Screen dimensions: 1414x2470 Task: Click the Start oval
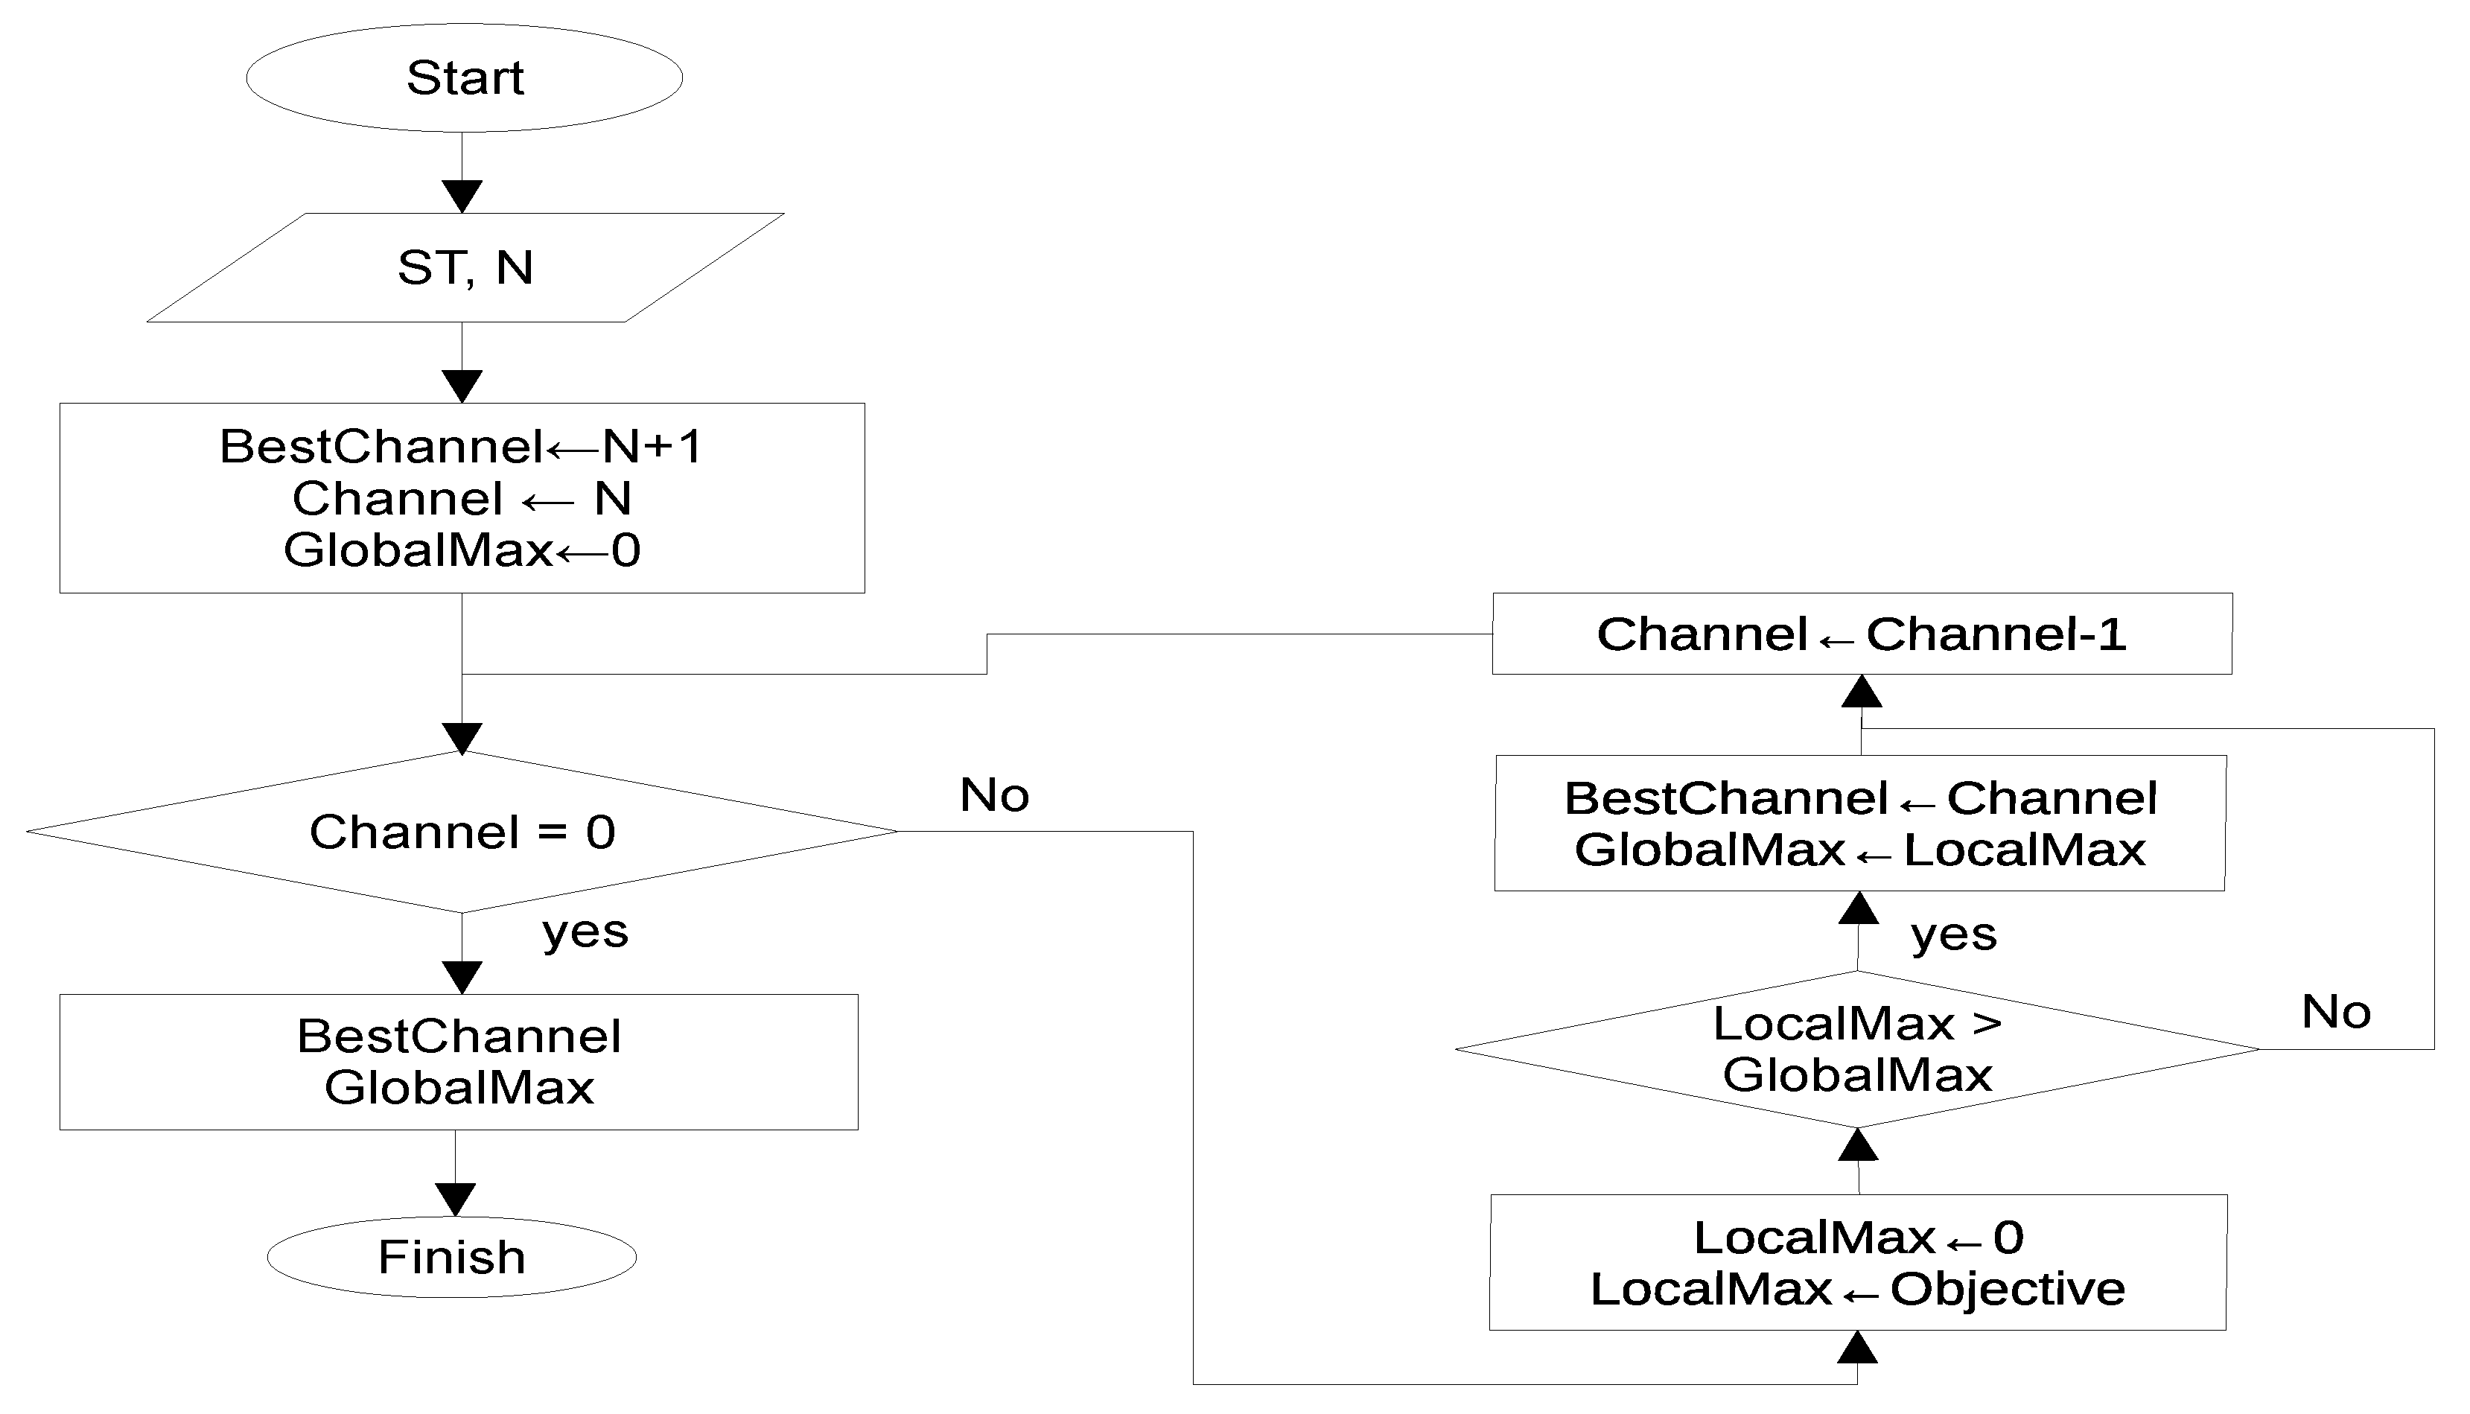point(464,77)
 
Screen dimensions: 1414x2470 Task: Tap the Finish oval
point(451,1257)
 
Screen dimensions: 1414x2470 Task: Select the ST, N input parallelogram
point(465,267)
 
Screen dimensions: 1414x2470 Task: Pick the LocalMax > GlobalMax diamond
point(1856,1049)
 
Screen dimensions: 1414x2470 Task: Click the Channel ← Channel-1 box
point(1861,634)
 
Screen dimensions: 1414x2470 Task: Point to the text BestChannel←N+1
point(460,447)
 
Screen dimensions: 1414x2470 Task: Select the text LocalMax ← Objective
point(1857,1289)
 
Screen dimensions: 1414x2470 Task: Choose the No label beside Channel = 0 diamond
point(994,795)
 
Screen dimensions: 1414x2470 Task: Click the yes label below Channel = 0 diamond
point(585,931)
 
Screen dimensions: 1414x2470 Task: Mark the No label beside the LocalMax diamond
point(2336,1012)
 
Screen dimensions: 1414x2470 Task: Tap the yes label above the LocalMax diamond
point(1953,934)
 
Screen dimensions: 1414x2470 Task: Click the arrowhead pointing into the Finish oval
point(456,1200)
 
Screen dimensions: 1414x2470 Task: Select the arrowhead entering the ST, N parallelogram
point(462,196)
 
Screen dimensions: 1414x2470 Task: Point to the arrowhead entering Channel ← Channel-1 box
point(1861,692)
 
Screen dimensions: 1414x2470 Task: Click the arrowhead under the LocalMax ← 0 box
point(1857,1347)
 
